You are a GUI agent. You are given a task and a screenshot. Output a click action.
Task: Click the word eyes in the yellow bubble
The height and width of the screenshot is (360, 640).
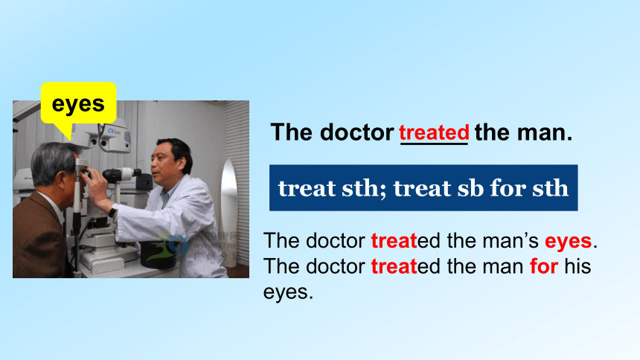click(x=78, y=104)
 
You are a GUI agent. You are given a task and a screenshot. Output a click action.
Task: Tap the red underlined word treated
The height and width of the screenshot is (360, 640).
click(x=435, y=132)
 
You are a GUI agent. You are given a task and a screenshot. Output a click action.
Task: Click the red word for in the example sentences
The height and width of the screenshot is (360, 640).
click(x=544, y=266)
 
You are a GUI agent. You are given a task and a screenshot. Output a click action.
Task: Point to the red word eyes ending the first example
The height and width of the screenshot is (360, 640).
click(x=568, y=241)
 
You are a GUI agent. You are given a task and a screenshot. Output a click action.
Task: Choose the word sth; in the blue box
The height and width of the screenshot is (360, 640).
click(x=363, y=188)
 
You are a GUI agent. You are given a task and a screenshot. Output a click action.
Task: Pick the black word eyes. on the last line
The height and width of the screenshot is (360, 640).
click(x=288, y=292)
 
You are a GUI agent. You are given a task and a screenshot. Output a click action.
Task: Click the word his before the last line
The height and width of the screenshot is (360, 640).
click(x=577, y=266)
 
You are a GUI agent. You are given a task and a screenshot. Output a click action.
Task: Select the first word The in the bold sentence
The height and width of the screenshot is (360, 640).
click(x=291, y=132)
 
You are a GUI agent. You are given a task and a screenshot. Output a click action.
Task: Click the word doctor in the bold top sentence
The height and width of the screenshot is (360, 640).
click(x=356, y=132)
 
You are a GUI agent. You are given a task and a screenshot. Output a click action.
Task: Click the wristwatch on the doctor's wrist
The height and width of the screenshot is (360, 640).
click(x=112, y=211)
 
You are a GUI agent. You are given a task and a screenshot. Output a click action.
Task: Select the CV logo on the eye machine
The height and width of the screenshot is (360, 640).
click(x=113, y=131)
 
